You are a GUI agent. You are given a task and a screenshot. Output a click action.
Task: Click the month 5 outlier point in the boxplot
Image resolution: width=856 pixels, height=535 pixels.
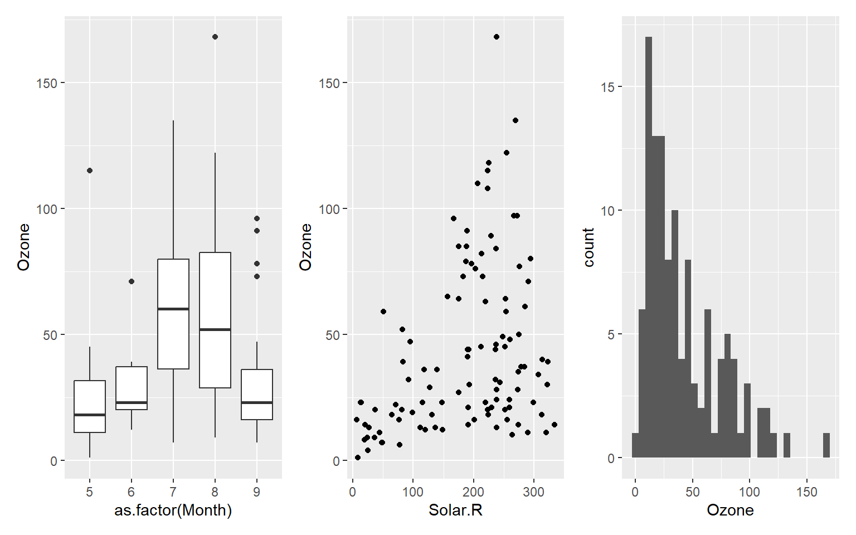click(x=90, y=171)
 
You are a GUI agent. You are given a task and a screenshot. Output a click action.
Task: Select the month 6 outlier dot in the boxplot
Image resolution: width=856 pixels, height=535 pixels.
click(x=132, y=281)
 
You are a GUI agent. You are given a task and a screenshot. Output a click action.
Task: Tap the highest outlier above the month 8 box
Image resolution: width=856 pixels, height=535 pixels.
click(x=215, y=37)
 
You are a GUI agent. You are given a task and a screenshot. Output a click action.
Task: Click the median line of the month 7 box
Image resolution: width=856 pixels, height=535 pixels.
click(x=173, y=309)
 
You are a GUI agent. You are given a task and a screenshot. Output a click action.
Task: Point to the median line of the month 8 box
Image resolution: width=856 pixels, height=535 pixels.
click(x=215, y=329)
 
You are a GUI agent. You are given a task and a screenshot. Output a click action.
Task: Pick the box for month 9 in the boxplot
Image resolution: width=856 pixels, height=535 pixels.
click(x=257, y=395)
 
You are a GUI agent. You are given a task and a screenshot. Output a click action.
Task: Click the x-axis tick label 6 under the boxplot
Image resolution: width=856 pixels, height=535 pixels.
click(x=132, y=492)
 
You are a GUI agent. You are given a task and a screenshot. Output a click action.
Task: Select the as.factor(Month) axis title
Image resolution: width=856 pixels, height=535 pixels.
click(x=173, y=510)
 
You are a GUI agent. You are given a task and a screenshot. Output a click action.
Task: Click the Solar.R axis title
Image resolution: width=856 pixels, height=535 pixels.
click(x=455, y=510)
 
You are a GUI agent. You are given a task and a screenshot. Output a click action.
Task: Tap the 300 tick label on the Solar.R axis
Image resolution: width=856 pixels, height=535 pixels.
click(x=534, y=492)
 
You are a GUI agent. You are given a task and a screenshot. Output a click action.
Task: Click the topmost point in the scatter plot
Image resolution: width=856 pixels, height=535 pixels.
click(x=497, y=37)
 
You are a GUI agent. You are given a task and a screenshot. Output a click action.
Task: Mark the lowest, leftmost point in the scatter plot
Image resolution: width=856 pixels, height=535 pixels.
click(x=358, y=458)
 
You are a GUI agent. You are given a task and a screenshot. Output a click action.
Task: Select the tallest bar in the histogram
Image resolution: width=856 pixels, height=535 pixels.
click(x=649, y=245)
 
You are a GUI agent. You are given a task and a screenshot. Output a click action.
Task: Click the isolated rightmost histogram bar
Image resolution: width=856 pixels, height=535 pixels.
click(x=826, y=445)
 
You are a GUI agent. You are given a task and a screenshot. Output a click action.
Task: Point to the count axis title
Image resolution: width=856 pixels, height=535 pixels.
click(x=589, y=247)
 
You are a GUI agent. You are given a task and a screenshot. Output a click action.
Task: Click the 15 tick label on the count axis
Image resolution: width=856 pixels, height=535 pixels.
click(x=607, y=87)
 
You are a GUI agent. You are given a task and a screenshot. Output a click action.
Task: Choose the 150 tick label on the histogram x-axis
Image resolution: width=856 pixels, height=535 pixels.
click(x=806, y=492)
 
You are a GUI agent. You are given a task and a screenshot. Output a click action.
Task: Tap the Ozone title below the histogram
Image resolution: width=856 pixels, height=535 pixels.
click(x=730, y=510)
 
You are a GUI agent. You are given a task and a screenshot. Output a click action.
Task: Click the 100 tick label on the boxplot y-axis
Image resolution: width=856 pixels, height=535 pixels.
click(x=47, y=209)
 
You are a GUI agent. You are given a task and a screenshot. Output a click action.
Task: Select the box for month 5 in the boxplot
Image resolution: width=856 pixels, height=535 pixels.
click(x=90, y=407)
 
